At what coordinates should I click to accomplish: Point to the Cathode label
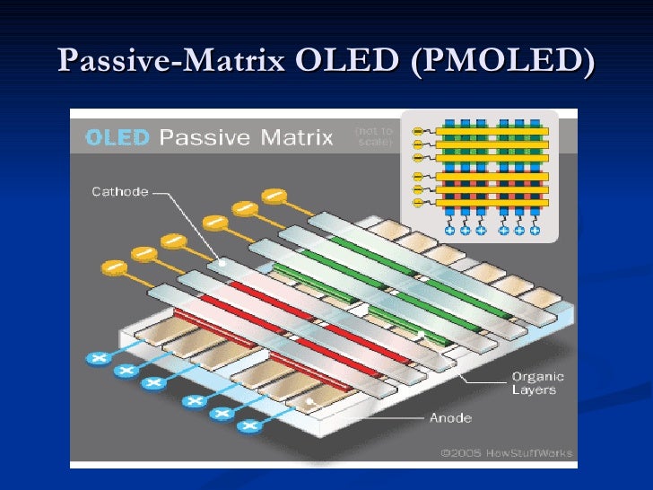[x=119, y=190]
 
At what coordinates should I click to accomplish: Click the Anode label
[x=450, y=417]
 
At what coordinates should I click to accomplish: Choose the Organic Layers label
[x=533, y=383]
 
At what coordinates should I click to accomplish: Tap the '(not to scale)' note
[x=375, y=136]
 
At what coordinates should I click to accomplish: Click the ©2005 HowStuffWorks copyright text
[x=507, y=452]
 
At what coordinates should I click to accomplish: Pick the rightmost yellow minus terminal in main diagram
[x=274, y=194]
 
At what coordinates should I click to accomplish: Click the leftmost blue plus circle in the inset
[x=450, y=231]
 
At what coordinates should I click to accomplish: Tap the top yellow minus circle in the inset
[x=417, y=131]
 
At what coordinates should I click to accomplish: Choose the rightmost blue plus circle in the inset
[x=535, y=231]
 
